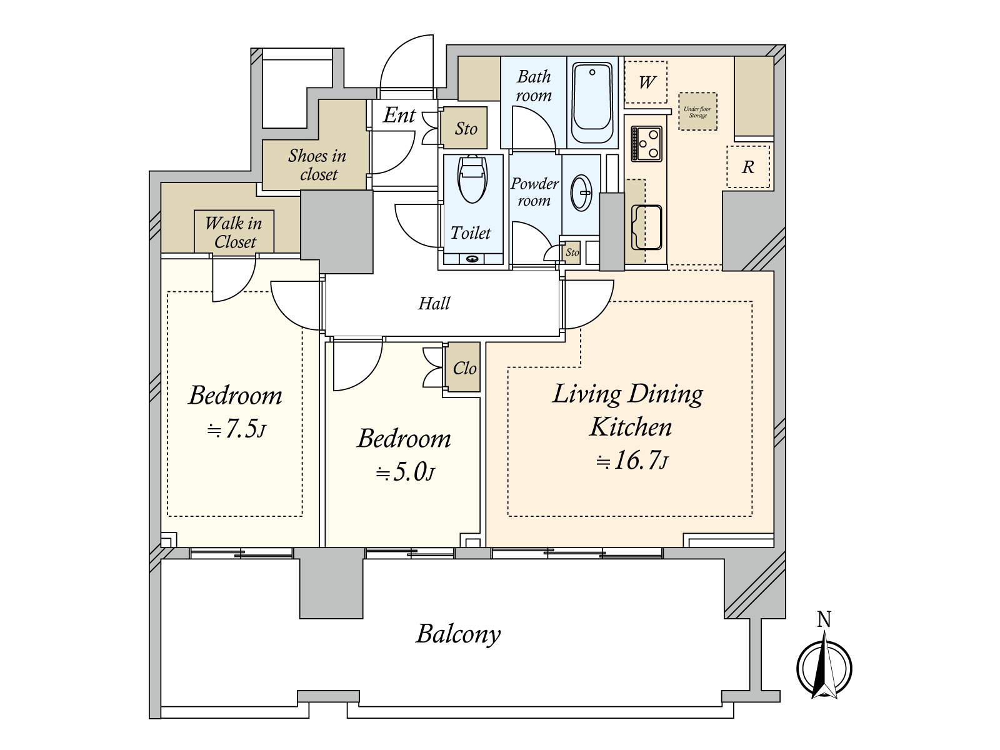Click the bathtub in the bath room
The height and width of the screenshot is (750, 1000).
(592, 103)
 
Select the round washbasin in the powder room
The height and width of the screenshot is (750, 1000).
(581, 192)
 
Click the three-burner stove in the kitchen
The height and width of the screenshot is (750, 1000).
(646, 144)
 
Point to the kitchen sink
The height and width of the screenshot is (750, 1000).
(646, 227)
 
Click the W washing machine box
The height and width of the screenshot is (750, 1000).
(646, 82)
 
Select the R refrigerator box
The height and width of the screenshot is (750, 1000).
(747, 167)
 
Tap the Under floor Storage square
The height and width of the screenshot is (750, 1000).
(697, 112)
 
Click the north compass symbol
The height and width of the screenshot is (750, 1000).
(824, 659)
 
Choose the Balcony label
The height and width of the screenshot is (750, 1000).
(458, 634)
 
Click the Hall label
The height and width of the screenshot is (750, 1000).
(434, 303)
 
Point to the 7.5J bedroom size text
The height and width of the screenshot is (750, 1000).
(236, 429)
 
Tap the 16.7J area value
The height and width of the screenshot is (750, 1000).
(631, 461)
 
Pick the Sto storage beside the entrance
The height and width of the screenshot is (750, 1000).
(465, 128)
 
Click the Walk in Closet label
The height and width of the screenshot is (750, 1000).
(234, 232)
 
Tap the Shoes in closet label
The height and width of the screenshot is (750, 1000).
(317, 164)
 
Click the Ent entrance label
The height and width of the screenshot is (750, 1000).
(399, 115)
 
